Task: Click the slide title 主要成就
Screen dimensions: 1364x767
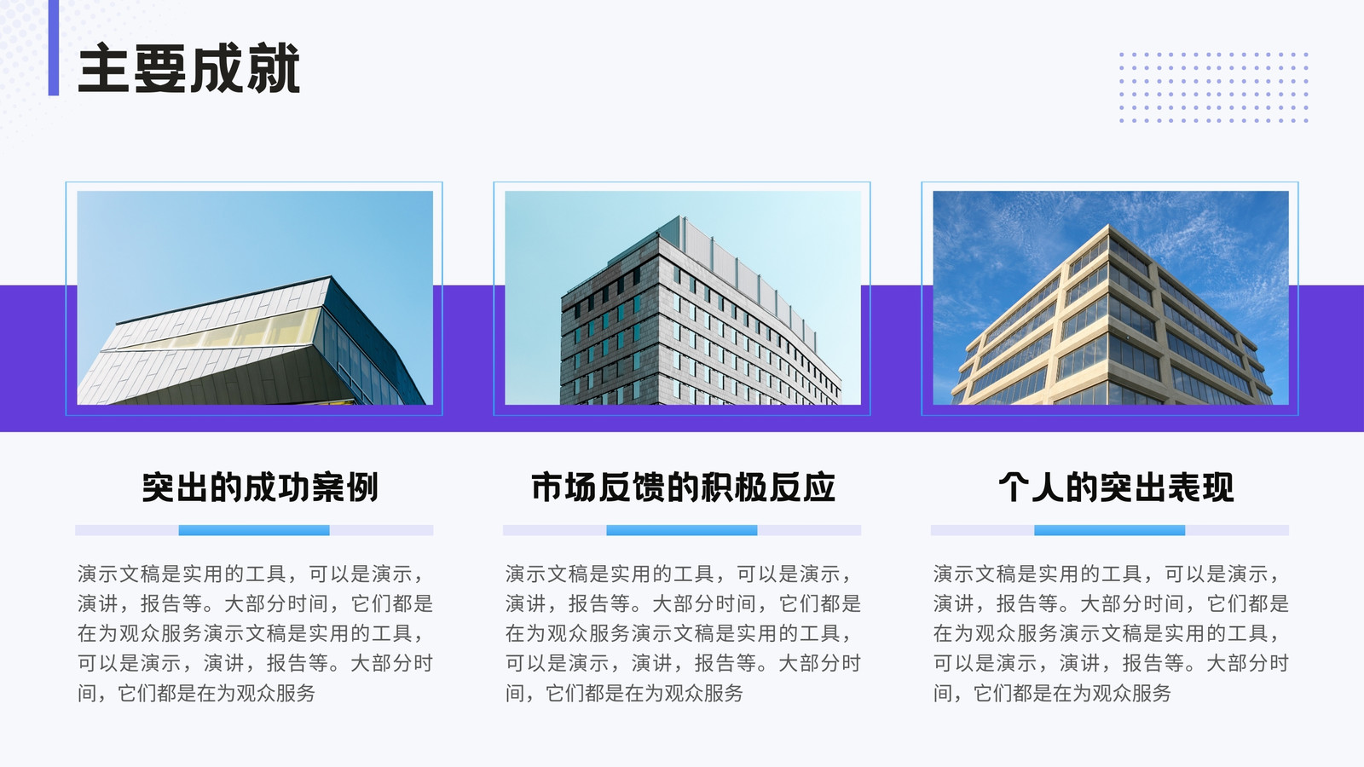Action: click(188, 67)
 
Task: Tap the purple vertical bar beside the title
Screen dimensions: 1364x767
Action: click(54, 48)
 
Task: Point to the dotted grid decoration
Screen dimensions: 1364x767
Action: click(1214, 87)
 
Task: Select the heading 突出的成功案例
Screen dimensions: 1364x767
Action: click(260, 487)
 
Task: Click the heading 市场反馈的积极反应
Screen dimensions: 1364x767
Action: click(683, 487)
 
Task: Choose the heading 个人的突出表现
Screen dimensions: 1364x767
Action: click(1116, 487)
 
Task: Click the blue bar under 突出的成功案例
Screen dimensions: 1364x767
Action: click(254, 530)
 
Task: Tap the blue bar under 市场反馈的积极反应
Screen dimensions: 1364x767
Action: click(682, 530)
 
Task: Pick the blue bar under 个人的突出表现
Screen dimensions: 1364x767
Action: click(1109, 530)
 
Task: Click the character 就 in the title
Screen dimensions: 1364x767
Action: click(274, 68)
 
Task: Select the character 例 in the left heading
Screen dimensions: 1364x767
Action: click(362, 487)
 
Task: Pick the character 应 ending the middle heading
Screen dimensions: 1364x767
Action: click(818, 487)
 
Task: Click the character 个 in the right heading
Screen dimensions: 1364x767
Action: click(1014, 487)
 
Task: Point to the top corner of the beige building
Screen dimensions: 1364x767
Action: click(1109, 225)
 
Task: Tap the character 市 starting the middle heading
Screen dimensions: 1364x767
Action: click(547, 487)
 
